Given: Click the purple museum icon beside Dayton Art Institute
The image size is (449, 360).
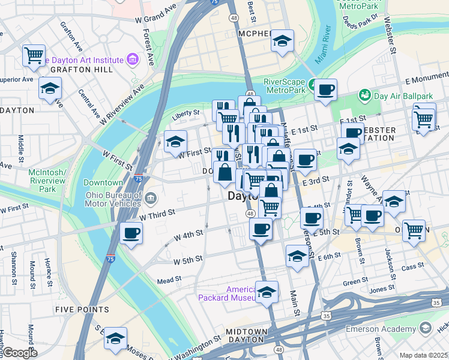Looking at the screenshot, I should [132, 60].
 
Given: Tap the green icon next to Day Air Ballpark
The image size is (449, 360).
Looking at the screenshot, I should [364, 95].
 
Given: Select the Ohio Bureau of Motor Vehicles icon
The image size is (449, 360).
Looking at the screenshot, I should [150, 197].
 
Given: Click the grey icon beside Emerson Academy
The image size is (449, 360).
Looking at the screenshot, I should [426, 328].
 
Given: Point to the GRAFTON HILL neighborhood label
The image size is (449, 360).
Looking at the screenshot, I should [74, 70].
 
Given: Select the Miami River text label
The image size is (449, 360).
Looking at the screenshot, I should [325, 41].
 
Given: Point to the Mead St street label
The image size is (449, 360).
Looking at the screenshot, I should [169, 280].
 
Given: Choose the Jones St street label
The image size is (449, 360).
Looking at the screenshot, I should [382, 290].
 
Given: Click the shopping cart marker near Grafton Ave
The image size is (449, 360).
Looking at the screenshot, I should [34, 55].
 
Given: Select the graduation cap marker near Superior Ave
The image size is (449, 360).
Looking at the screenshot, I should [50, 88].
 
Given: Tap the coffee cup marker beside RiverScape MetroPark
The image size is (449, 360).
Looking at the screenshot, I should [325, 89].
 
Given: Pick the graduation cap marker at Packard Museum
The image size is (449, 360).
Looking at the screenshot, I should [267, 292].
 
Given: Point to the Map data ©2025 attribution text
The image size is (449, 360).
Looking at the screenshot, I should [423, 355].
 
